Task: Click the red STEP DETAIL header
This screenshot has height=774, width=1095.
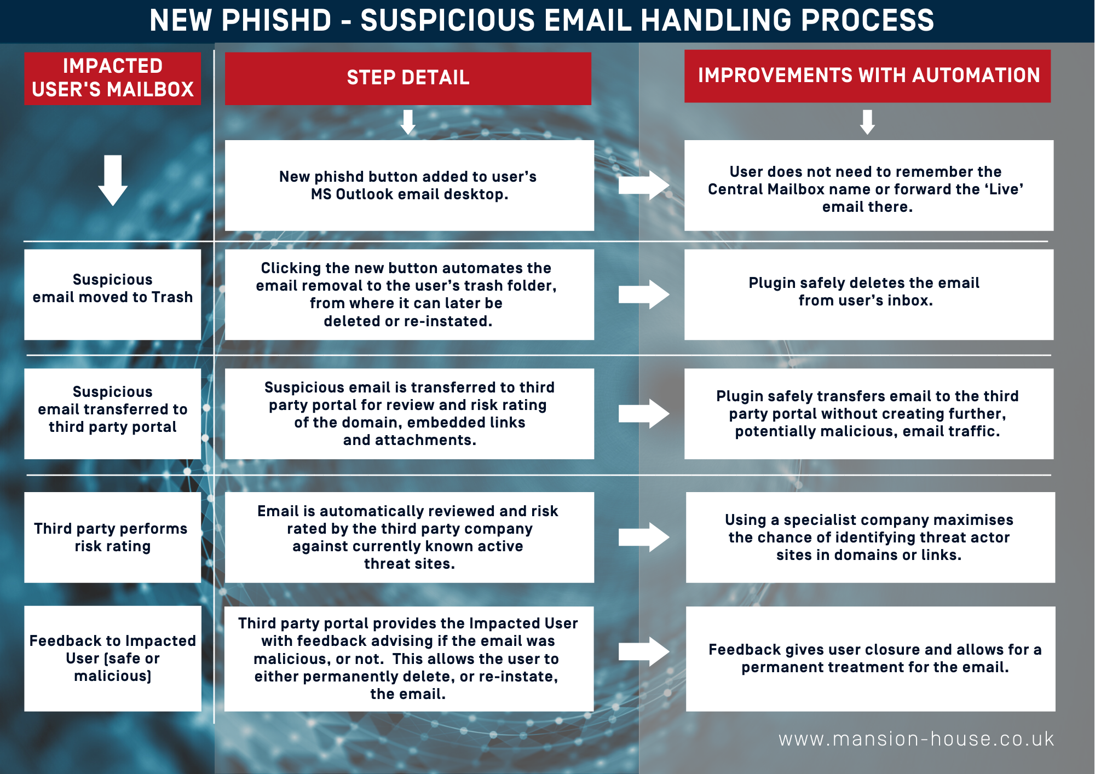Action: pos(408,78)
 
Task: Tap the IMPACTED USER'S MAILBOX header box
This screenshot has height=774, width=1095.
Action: pos(113,78)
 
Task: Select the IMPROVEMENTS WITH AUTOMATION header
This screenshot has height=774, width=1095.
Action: pos(867,76)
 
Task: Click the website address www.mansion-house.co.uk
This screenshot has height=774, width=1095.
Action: pos(916,739)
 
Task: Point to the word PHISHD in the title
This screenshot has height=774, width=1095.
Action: pos(276,20)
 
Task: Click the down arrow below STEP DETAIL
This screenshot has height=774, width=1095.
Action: pos(408,122)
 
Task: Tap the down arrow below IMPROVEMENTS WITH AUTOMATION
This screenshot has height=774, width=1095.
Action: pos(867,122)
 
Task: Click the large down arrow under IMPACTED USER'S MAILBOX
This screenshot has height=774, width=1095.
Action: pos(113,181)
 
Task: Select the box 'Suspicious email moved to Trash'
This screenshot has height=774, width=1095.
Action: pos(113,294)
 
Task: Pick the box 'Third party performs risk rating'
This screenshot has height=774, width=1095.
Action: pos(113,538)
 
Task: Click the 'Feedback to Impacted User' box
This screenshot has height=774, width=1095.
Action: pos(113,659)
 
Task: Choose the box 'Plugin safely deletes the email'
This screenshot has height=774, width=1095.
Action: pos(869,294)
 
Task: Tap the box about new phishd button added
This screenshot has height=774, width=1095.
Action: pos(410,186)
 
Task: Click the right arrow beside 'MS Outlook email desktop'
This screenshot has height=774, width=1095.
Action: pos(644,186)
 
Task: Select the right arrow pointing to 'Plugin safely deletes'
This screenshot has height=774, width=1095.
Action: pos(644,294)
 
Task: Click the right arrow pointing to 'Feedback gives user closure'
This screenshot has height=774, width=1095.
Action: pos(644,651)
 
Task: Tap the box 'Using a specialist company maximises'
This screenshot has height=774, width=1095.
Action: pos(871,538)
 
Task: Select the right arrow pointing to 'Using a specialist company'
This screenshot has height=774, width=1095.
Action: pos(644,537)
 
